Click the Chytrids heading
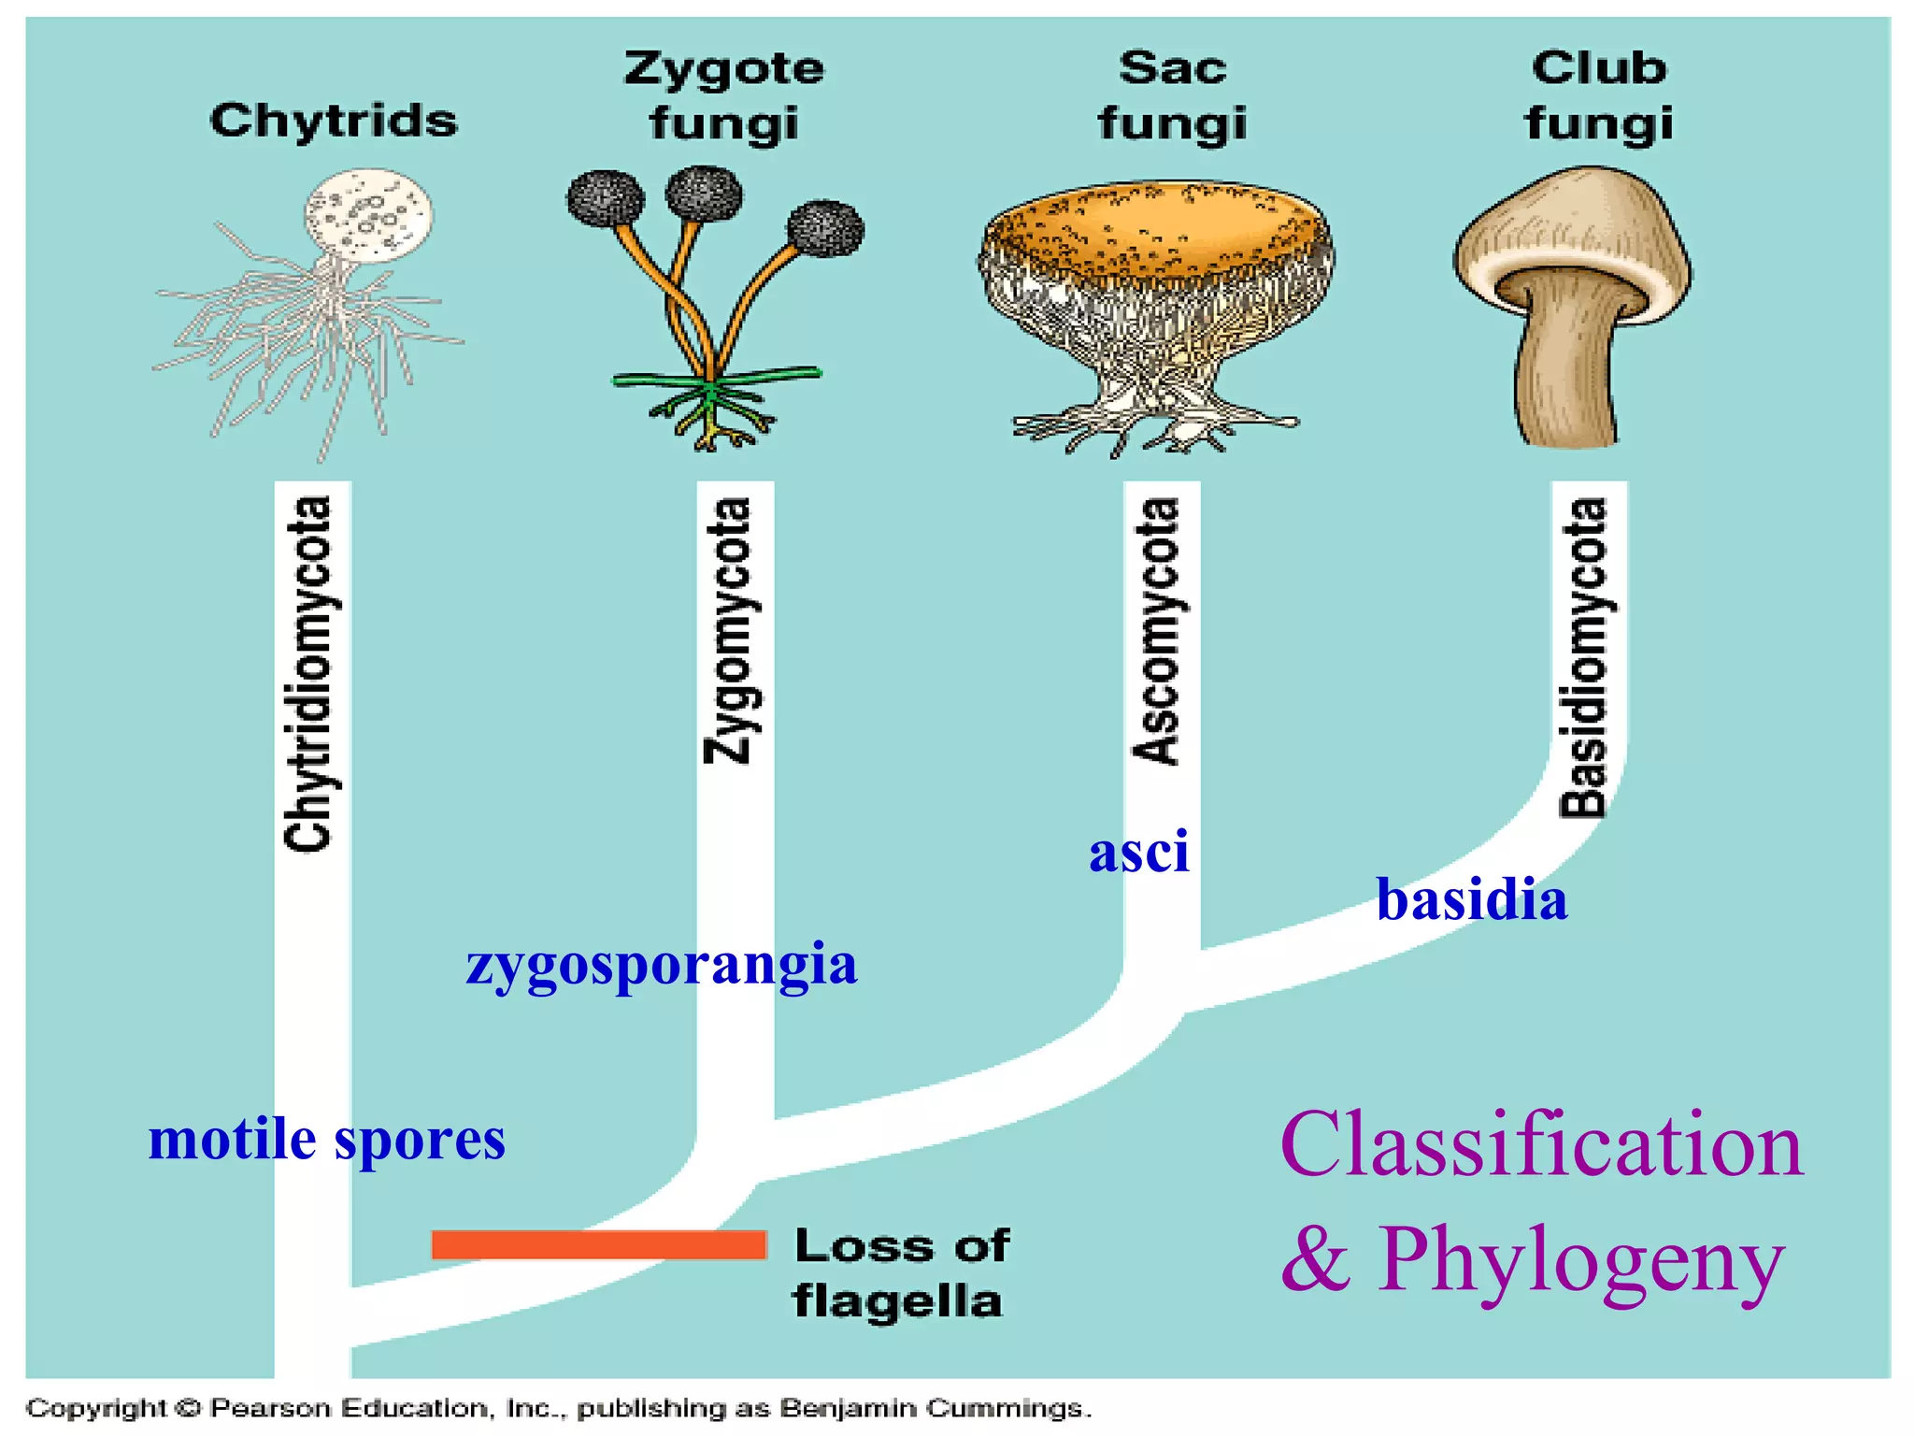pyautogui.click(x=334, y=121)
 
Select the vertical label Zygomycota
pyautogui.click(x=728, y=631)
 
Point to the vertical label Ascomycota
pyautogui.click(x=1156, y=631)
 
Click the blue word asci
pyautogui.click(x=1139, y=852)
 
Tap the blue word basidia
pyautogui.click(x=1472, y=899)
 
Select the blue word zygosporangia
pyautogui.click(x=662, y=964)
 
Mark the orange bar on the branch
pyautogui.click(x=599, y=1244)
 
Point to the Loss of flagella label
pyautogui.click(x=899, y=1272)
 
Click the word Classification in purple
pyautogui.click(x=1541, y=1145)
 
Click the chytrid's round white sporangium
pyautogui.click(x=369, y=213)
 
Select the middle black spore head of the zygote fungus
pyautogui.click(x=704, y=193)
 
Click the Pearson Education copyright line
pyautogui.click(x=558, y=1408)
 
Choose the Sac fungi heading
pyautogui.click(x=1172, y=95)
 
